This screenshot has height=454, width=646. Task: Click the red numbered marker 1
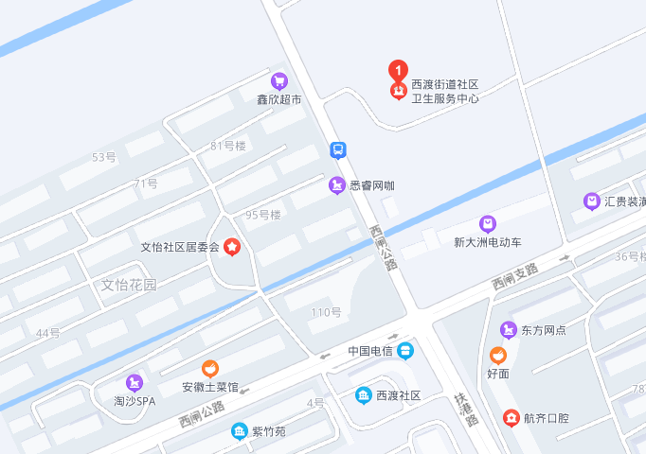[399, 69]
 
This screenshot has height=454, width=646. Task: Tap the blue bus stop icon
[338, 149]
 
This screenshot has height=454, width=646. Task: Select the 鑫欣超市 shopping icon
[278, 81]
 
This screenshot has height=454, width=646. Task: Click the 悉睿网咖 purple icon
[336, 185]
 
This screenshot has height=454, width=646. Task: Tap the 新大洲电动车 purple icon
[488, 224]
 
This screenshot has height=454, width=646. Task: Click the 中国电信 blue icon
[405, 351]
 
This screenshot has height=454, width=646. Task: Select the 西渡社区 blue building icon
[363, 395]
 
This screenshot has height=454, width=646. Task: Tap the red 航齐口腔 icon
[511, 417]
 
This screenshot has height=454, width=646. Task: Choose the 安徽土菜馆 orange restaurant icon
[210, 369]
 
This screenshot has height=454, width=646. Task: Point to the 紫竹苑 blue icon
[240, 431]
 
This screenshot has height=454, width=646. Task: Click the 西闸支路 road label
[513, 275]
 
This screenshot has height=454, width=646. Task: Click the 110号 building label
[327, 312]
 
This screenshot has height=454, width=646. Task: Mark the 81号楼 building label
[228, 146]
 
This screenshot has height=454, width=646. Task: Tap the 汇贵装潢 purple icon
[592, 201]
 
